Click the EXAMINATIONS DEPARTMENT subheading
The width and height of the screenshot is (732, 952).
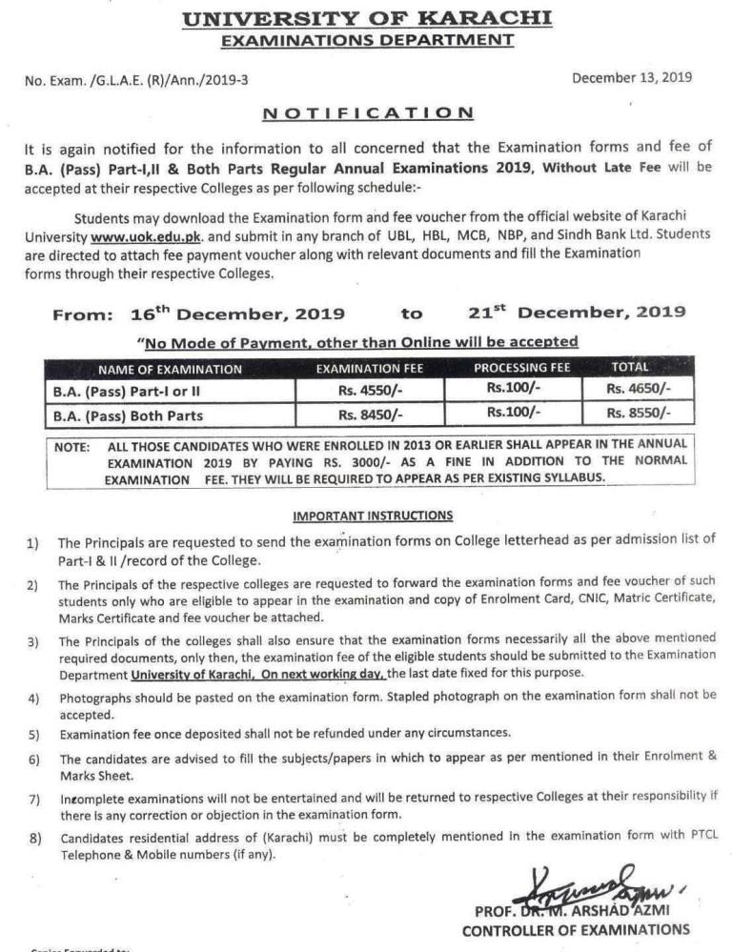click(367, 39)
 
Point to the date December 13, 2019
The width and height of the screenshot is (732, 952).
click(632, 78)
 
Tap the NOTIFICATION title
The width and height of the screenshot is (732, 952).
click(368, 111)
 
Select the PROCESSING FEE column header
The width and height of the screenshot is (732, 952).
click(522, 367)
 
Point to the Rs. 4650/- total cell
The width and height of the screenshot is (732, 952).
click(639, 389)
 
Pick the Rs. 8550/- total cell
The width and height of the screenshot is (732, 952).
click(639, 414)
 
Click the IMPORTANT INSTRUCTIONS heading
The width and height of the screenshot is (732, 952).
click(373, 516)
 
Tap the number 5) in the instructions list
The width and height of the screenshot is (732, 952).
click(33, 735)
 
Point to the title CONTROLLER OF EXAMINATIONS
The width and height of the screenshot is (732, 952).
click(576, 930)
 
